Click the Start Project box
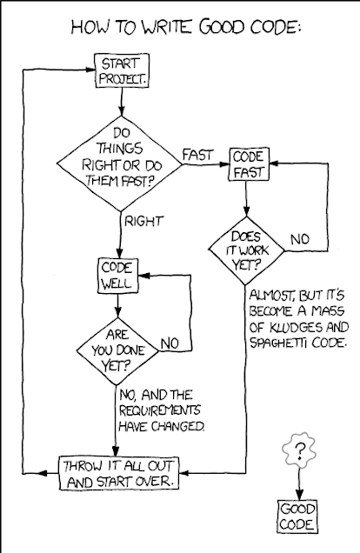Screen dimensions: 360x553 [x=122, y=70]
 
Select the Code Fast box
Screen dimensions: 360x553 [x=249, y=164]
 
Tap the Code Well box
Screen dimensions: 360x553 [x=118, y=276]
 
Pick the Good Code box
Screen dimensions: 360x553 [x=297, y=516]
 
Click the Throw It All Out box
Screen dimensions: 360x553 [x=119, y=473]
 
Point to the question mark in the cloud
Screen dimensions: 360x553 [x=300, y=451]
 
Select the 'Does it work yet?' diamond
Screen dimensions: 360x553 [x=246, y=250]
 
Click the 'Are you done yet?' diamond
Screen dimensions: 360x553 [x=117, y=351]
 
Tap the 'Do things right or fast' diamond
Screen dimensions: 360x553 [x=120, y=164]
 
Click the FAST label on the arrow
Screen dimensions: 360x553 [x=197, y=155]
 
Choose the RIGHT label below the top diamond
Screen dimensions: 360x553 [x=143, y=221]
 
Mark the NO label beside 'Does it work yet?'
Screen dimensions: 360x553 [x=300, y=239]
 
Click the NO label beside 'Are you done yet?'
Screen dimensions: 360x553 [x=170, y=343]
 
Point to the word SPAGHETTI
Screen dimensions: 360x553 [x=282, y=343]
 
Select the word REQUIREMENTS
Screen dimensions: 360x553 [x=159, y=410]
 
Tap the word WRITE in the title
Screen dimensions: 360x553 [x=166, y=28]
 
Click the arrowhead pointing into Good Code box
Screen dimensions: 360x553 [x=299, y=494]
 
